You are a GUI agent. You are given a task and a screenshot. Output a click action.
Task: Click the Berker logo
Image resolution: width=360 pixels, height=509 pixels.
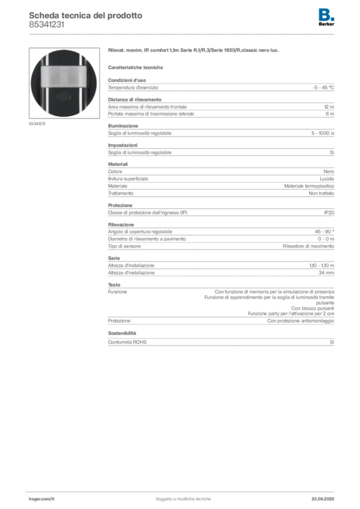[x=326, y=17]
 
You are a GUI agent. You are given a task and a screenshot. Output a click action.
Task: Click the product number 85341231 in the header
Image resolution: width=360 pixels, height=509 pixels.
[x=46, y=25]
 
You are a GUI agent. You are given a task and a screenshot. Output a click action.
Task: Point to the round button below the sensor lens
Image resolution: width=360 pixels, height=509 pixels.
[x=63, y=97]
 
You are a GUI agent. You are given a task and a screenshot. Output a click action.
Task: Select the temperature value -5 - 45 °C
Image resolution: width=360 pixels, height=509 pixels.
[x=323, y=87]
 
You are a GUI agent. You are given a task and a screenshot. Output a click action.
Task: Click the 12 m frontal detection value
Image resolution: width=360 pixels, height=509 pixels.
[x=329, y=107]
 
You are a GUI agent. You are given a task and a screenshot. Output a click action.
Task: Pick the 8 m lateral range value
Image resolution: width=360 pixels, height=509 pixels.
[x=330, y=114]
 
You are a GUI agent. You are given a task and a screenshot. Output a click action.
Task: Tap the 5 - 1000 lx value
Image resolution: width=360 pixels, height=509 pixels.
[x=323, y=133]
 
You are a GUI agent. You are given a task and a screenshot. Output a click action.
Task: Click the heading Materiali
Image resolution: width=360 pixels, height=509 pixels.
[x=118, y=164]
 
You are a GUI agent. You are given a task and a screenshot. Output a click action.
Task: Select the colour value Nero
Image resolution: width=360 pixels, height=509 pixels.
[x=329, y=171]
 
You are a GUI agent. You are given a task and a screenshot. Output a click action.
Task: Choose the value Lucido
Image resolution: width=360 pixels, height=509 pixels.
[x=327, y=179]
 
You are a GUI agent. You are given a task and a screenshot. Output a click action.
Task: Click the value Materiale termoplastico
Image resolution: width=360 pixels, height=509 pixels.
[x=309, y=186]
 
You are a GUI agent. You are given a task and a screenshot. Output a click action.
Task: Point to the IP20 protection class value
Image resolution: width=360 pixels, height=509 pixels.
[x=329, y=213]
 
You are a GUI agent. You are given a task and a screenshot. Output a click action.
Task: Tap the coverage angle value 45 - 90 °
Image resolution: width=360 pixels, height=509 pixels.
[x=324, y=232]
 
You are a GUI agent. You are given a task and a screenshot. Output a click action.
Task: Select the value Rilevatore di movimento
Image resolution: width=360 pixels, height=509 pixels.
[x=308, y=247]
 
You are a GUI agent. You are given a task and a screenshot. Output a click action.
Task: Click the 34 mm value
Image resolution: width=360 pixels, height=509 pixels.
[x=326, y=273]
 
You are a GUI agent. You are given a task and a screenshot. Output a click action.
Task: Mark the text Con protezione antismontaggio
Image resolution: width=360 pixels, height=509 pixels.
[x=301, y=321]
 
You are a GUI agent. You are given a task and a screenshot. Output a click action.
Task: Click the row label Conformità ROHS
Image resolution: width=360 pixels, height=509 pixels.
[x=127, y=342]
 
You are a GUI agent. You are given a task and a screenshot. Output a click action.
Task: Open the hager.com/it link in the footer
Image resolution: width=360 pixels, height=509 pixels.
[x=42, y=499]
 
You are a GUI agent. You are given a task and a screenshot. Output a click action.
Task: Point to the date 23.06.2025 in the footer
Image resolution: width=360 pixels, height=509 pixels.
[x=323, y=499]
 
